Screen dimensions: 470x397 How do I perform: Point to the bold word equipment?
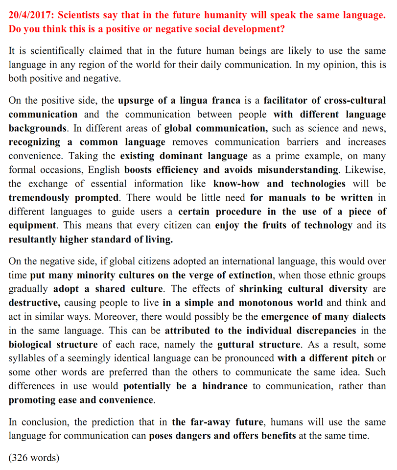[x=31, y=226]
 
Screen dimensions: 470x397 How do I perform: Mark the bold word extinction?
[x=245, y=275]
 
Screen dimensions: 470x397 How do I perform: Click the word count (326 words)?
[x=34, y=458]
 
